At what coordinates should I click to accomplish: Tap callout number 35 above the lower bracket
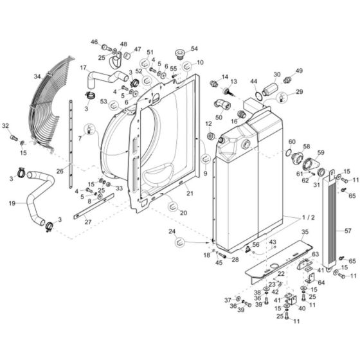(x=305, y=231)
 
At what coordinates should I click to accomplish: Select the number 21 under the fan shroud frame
(x=190, y=193)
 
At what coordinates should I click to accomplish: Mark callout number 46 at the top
(x=94, y=42)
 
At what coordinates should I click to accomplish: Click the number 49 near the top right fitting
(x=298, y=71)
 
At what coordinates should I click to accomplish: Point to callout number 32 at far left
(x=6, y=125)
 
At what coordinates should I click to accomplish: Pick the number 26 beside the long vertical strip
(x=60, y=171)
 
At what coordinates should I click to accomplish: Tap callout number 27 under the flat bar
(x=88, y=222)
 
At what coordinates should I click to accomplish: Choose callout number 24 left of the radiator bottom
(x=172, y=231)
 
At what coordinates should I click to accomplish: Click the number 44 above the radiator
(x=253, y=82)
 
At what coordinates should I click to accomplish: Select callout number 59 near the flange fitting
(x=321, y=152)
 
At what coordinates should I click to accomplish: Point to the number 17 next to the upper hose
(x=83, y=67)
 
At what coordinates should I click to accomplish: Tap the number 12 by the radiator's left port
(x=208, y=123)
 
